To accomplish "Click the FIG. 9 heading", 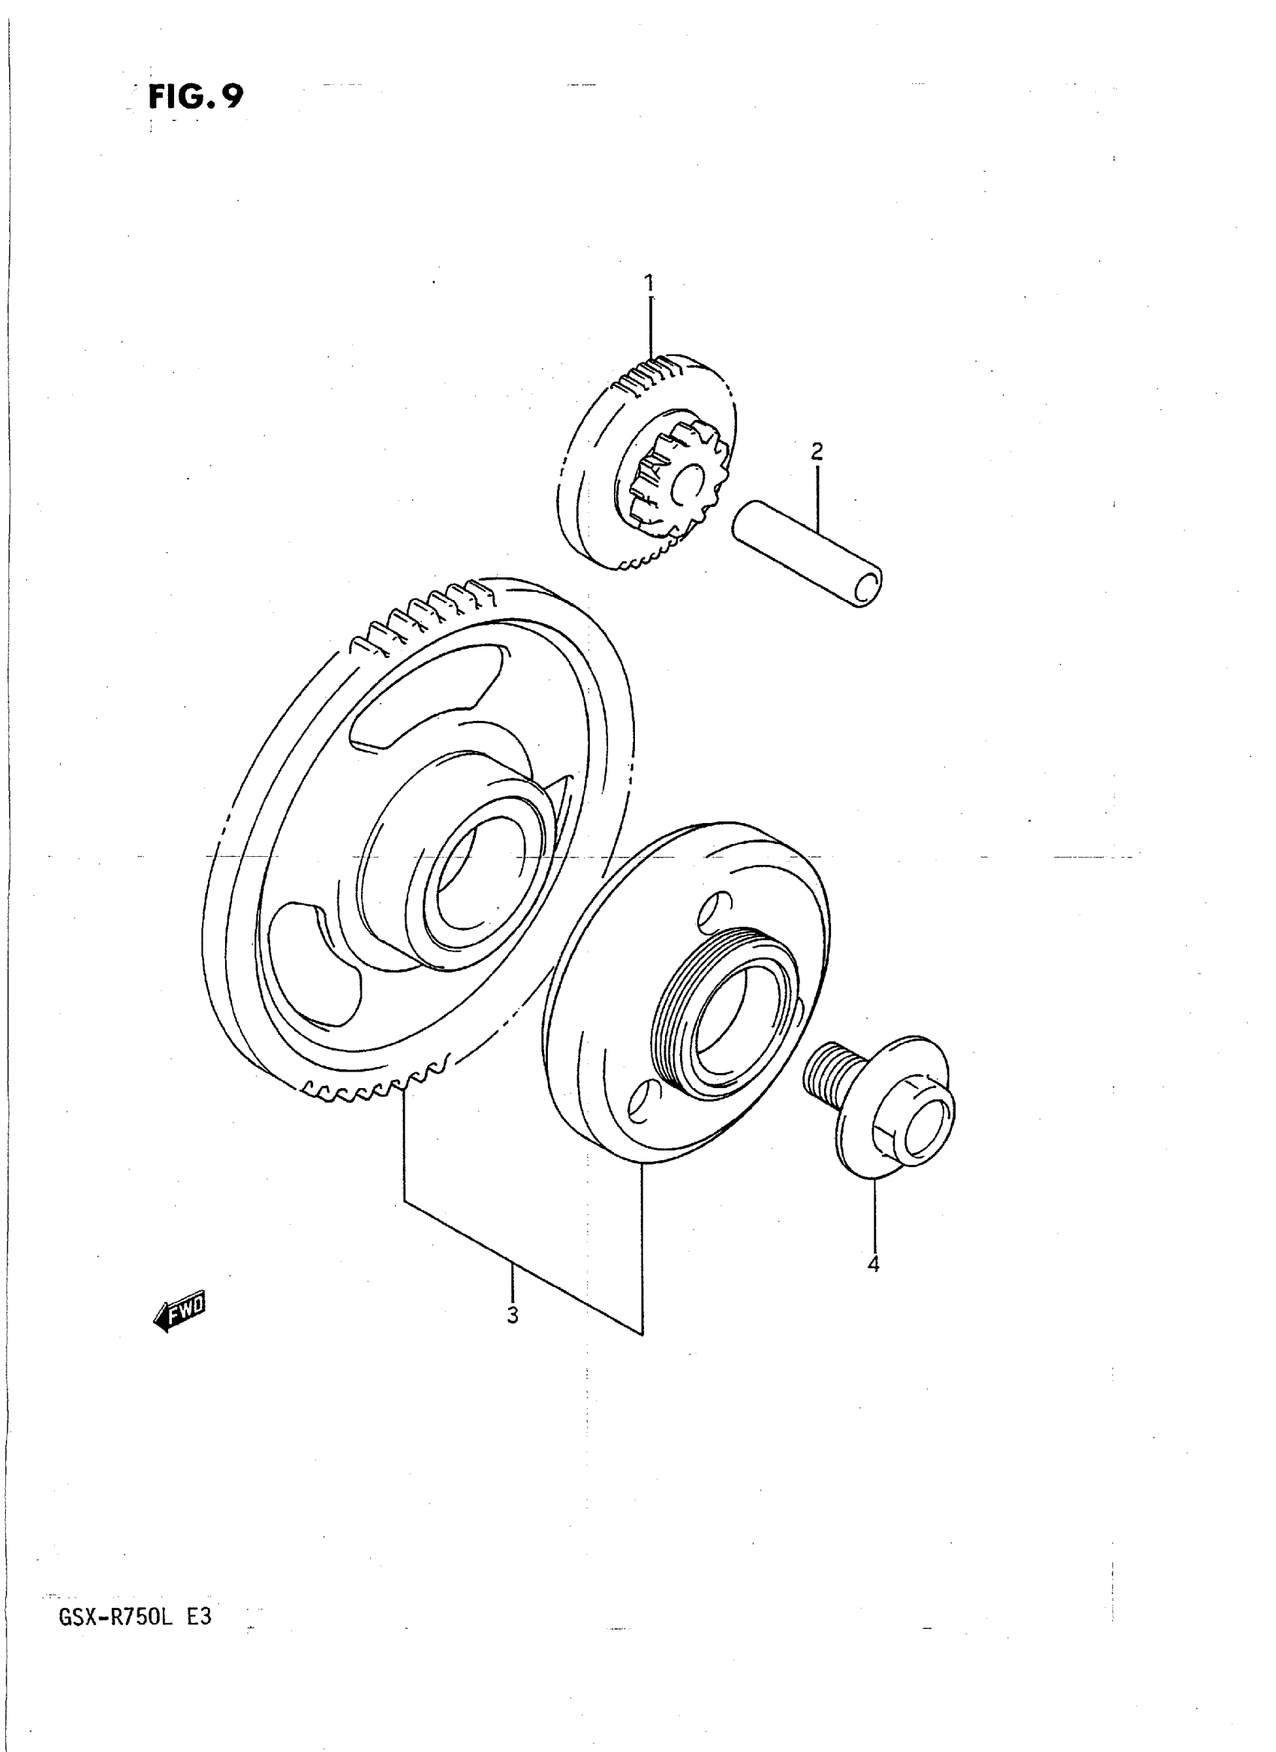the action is click(x=195, y=98).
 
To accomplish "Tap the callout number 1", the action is click(x=649, y=283).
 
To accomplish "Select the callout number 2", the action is click(x=817, y=451).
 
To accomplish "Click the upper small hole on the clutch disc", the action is click(x=715, y=910).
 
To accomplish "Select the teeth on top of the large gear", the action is click(x=425, y=614).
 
